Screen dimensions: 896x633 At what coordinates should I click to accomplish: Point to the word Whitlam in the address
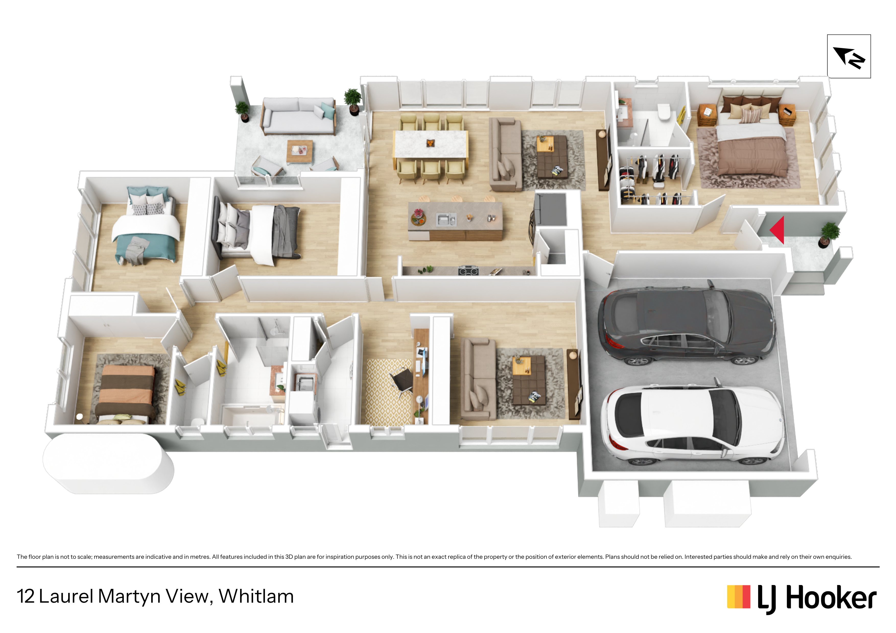click(256, 596)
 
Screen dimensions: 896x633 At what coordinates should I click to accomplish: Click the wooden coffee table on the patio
click(300, 151)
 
